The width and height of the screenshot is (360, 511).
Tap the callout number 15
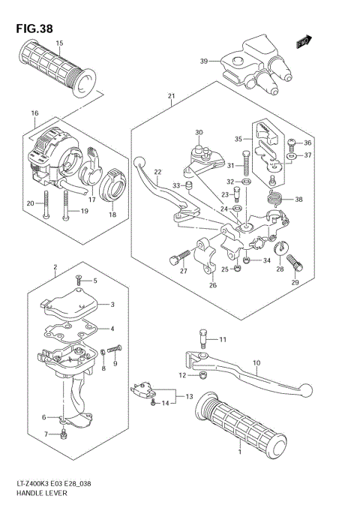click(58, 44)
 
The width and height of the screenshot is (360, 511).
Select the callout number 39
click(203, 62)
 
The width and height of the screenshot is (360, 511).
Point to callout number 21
click(171, 96)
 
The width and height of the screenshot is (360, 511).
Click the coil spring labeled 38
click(275, 199)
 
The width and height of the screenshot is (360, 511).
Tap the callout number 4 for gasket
click(113, 328)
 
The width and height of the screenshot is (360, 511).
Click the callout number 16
click(34, 113)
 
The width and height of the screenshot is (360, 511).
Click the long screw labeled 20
click(46, 204)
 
